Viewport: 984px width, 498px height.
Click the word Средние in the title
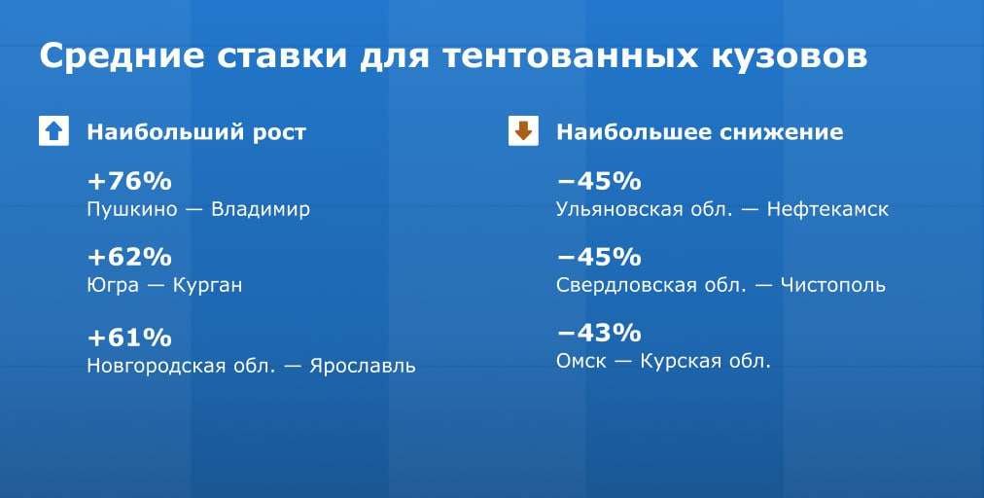pos(122,56)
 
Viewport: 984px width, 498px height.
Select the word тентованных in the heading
pos(570,56)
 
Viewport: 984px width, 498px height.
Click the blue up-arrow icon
pos(54,131)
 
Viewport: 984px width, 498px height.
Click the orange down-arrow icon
pos(523,131)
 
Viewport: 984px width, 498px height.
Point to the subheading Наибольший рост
pos(196,132)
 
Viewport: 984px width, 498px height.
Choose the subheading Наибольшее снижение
pos(700,132)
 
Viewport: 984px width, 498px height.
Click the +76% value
pos(129,182)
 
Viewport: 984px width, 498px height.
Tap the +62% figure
pos(129,258)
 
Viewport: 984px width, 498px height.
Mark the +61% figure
pos(129,338)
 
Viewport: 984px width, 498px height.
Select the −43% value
pos(599,333)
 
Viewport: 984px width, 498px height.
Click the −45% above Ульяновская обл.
pos(599,182)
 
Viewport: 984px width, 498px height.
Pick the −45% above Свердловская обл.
pos(599,258)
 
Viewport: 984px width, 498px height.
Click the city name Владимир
pos(261,210)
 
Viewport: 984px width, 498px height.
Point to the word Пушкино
pos(132,210)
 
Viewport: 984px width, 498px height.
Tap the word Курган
pos(207,286)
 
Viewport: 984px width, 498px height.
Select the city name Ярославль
pos(362,366)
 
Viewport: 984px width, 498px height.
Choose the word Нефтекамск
pos(827,210)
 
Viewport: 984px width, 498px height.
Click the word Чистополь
pos(832,286)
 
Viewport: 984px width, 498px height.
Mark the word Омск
pos(581,362)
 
